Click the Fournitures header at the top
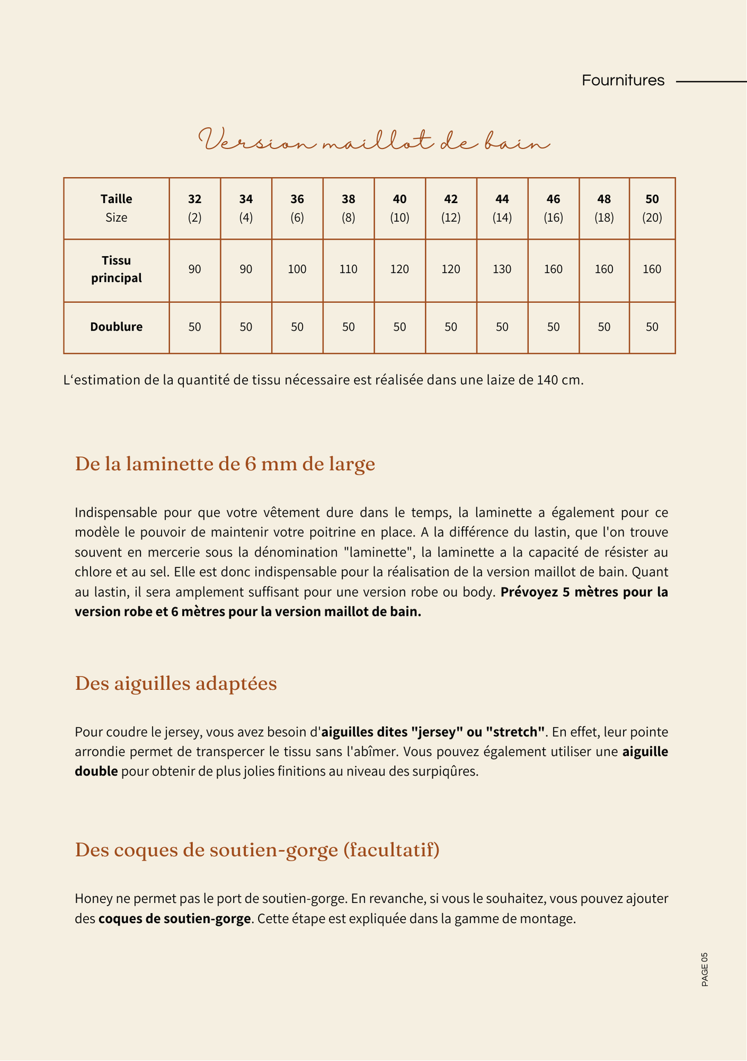pos(623,81)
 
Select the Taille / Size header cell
pos(116,208)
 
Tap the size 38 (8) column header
pos(348,208)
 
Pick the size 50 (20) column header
pos(652,208)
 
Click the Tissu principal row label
pos(116,269)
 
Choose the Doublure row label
pos(116,327)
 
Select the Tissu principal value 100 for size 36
pos(297,269)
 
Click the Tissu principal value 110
pos(348,269)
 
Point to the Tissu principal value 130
pos(502,269)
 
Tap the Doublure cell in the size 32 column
pos(195,327)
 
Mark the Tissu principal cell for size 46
pos(553,269)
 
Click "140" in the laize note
pos(548,380)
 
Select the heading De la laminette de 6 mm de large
pos(225,464)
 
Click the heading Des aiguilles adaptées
pos(175,684)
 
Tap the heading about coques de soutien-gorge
pos(257,850)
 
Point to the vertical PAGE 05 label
pos(705,970)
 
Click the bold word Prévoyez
pos(528,592)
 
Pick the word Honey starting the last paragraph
pos(91,899)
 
